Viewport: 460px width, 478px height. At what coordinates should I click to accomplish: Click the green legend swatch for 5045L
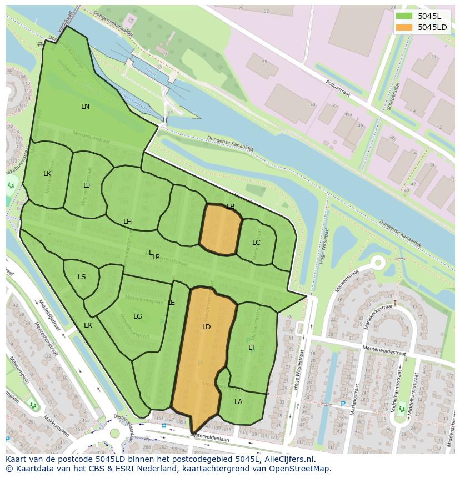pos(404,16)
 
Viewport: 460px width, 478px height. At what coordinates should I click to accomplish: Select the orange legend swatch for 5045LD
pos(404,27)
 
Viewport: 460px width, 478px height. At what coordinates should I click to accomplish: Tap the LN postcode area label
pos(85,107)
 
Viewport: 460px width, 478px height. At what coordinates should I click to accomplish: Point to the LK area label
pos(47,174)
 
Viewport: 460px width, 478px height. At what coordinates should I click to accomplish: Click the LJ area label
pos(87,185)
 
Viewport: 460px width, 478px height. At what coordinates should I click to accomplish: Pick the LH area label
pos(128,222)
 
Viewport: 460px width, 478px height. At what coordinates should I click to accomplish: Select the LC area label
pos(256,243)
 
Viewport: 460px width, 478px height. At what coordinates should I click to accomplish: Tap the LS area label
pos(82,277)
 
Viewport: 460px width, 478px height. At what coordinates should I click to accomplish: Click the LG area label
pos(138,316)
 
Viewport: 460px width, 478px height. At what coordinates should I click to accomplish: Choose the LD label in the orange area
pos(207,327)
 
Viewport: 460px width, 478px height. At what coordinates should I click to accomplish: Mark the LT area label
pos(252,348)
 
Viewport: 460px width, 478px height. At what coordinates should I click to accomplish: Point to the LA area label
pos(238,402)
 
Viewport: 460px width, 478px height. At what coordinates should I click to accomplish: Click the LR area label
pos(88,325)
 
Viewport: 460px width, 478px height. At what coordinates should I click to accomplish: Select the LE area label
pos(171,303)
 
